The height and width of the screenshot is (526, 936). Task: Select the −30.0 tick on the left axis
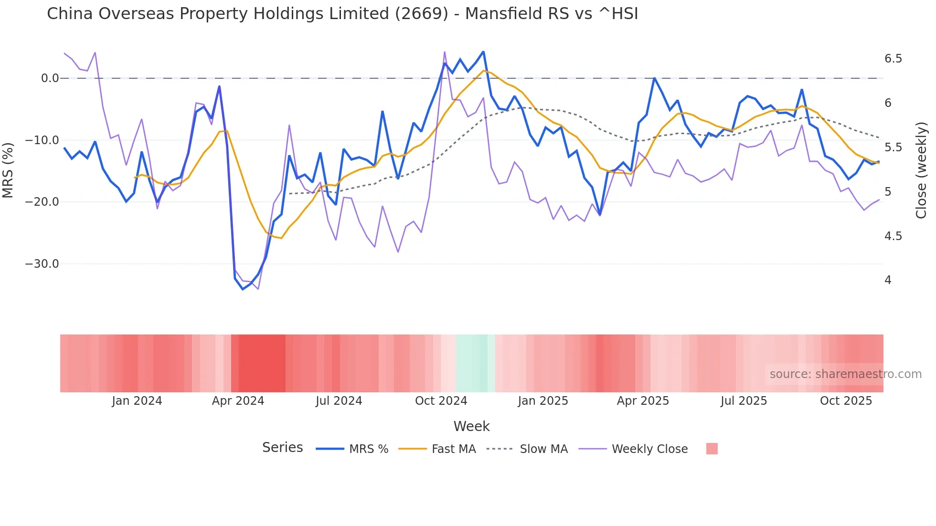click(x=42, y=264)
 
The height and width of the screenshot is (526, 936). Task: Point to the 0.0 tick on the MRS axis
click(x=50, y=78)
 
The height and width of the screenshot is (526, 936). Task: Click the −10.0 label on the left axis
click(x=42, y=140)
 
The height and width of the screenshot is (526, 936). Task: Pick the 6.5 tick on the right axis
click(x=893, y=59)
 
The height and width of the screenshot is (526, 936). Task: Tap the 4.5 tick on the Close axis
click(x=893, y=236)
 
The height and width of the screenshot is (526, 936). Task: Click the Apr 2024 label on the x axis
click(x=238, y=401)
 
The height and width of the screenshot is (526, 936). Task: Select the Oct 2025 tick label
click(x=846, y=401)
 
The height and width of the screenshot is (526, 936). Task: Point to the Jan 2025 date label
click(x=543, y=401)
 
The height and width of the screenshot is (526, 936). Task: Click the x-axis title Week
click(x=471, y=426)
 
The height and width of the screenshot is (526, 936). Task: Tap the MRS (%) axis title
click(x=8, y=170)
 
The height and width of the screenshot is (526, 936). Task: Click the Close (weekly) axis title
click(x=921, y=170)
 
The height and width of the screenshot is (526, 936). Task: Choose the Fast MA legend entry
click(x=453, y=449)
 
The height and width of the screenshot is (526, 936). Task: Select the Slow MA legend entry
click(x=543, y=449)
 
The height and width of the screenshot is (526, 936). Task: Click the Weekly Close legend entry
click(x=649, y=449)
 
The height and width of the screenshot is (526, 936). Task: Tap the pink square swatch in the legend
click(x=712, y=449)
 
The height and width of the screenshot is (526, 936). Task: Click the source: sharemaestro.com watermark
click(x=845, y=374)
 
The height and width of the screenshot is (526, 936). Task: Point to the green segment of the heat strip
click(x=472, y=363)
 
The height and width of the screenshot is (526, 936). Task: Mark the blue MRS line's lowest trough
click(x=243, y=289)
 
